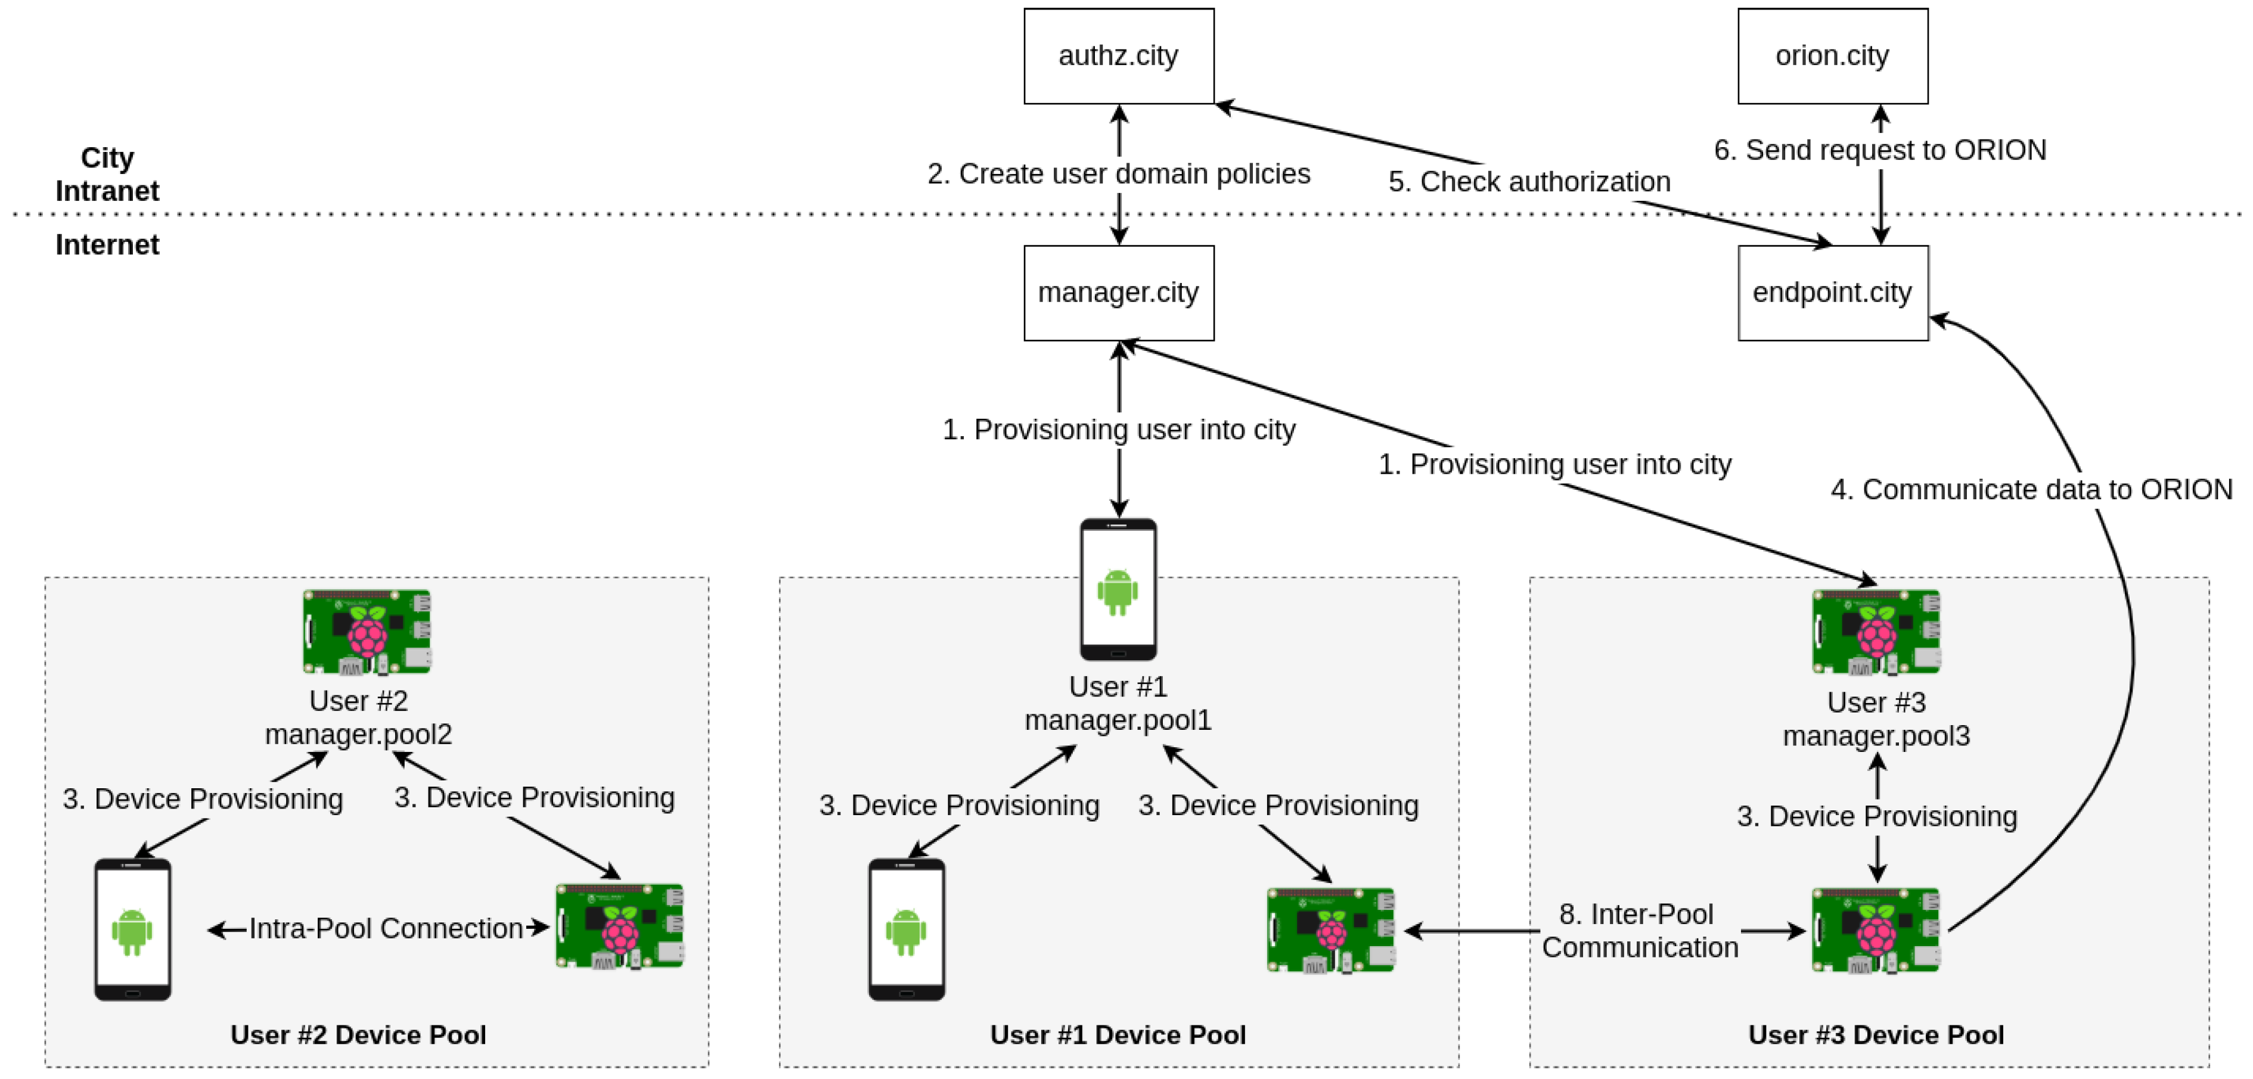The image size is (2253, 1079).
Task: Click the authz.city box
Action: click(1119, 56)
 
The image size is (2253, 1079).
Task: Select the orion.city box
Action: click(1832, 56)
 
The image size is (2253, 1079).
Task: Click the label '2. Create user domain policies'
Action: click(1119, 174)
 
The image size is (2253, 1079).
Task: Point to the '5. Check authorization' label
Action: click(1529, 182)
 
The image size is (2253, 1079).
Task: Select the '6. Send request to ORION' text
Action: click(1879, 150)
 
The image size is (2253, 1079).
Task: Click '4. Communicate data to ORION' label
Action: click(2031, 490)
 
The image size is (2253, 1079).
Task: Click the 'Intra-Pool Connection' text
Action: click(386, 929)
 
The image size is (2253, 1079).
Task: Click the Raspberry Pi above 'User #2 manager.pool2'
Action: click(367, 632)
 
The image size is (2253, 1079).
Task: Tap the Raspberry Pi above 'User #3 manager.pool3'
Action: click(1876, 632)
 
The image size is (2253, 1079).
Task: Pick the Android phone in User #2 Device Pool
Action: click(133, 929)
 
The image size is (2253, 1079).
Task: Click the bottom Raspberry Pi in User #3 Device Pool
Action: click(1876, 931)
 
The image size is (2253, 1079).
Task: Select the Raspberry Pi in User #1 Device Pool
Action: click(1330, 931)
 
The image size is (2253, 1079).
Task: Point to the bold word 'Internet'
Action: click(107, 245)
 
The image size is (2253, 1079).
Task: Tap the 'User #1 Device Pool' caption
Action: click(1118, 1036)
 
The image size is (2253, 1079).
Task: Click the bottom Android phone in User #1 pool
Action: click(906, 929)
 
